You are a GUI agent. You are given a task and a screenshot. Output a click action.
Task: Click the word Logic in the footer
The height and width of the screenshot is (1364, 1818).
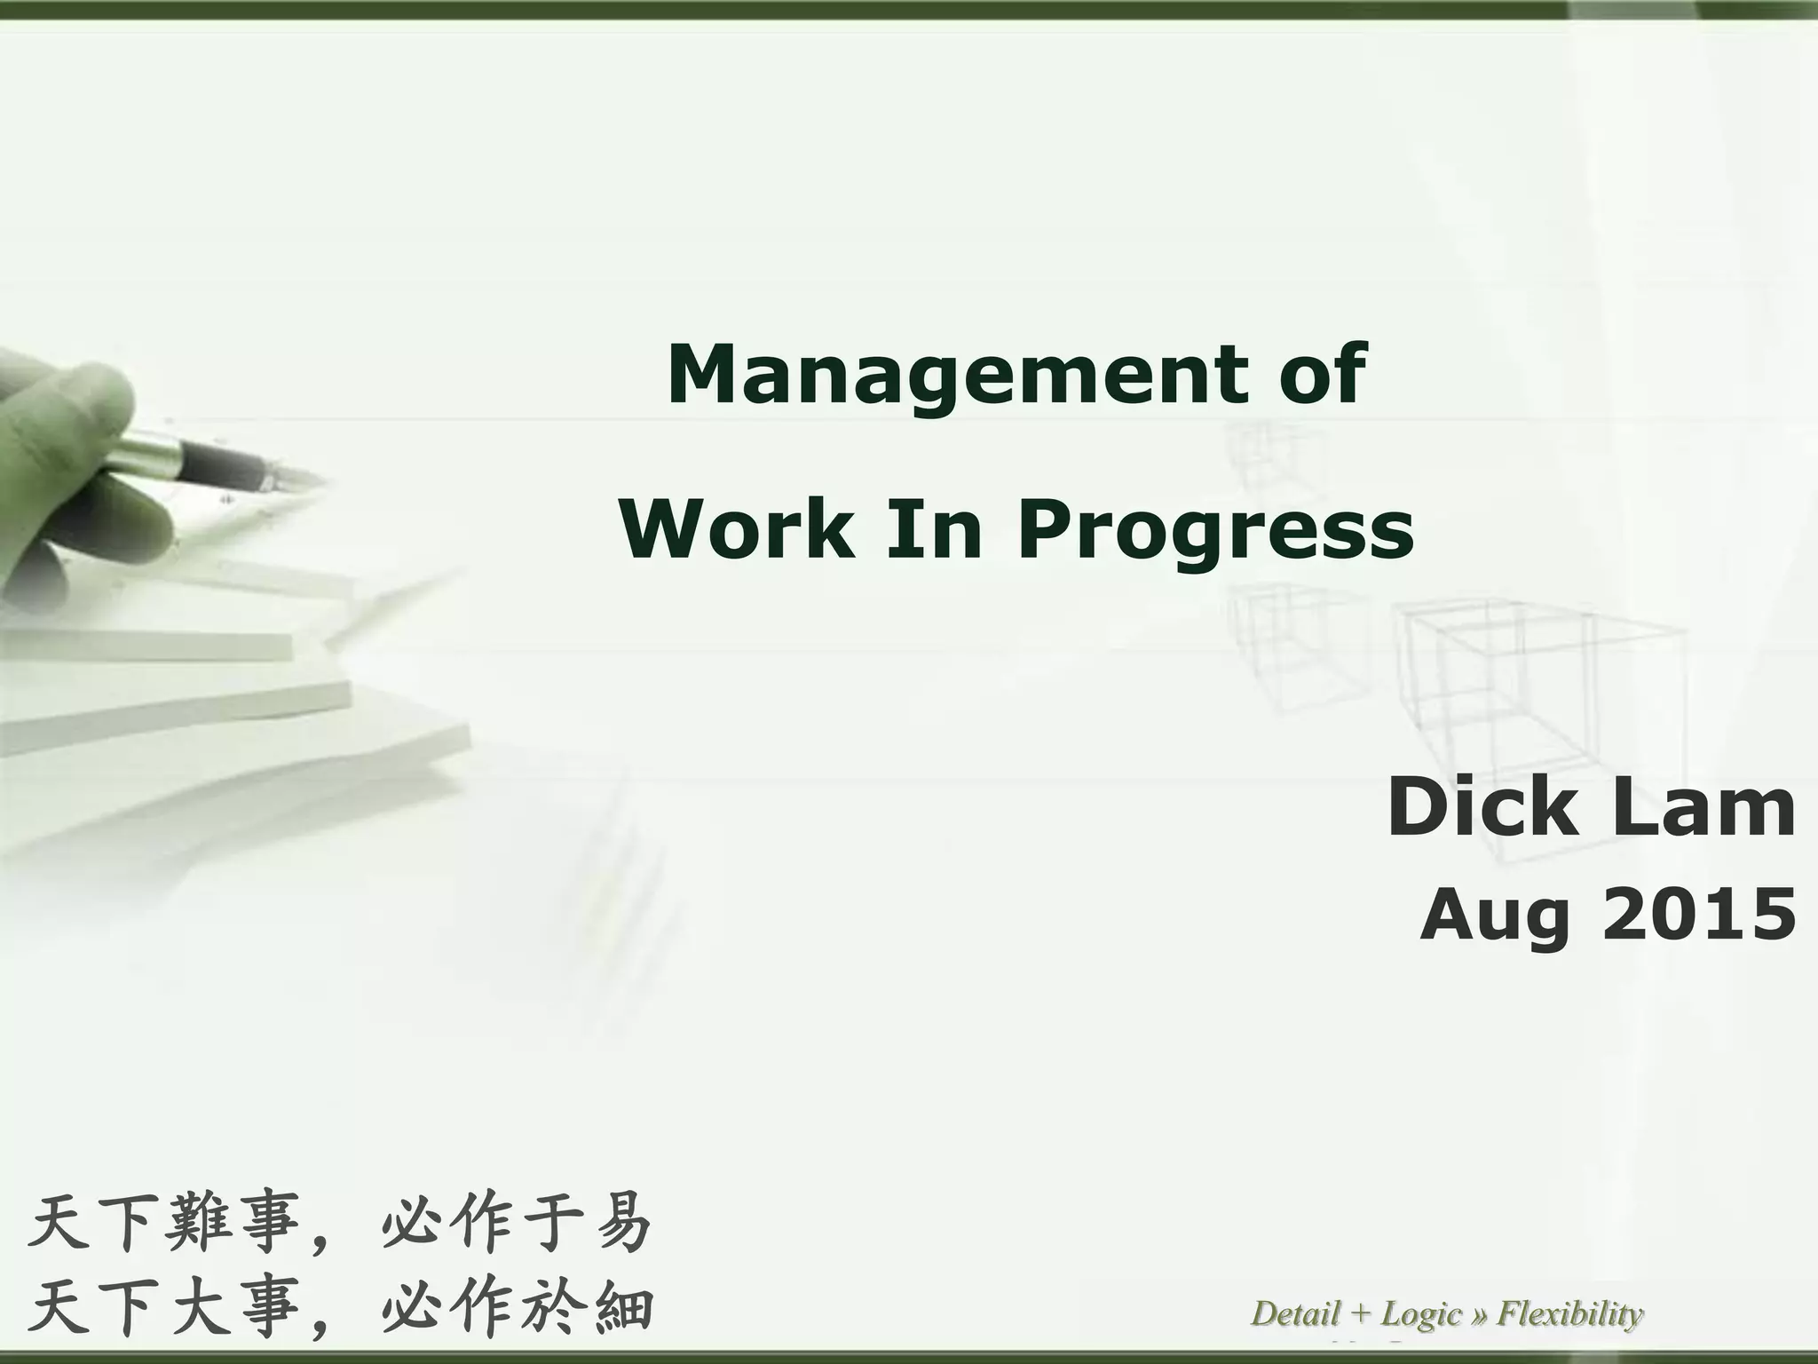coord(1420,1313)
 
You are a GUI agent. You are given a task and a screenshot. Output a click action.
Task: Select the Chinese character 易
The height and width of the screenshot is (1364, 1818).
coord(623,1223)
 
